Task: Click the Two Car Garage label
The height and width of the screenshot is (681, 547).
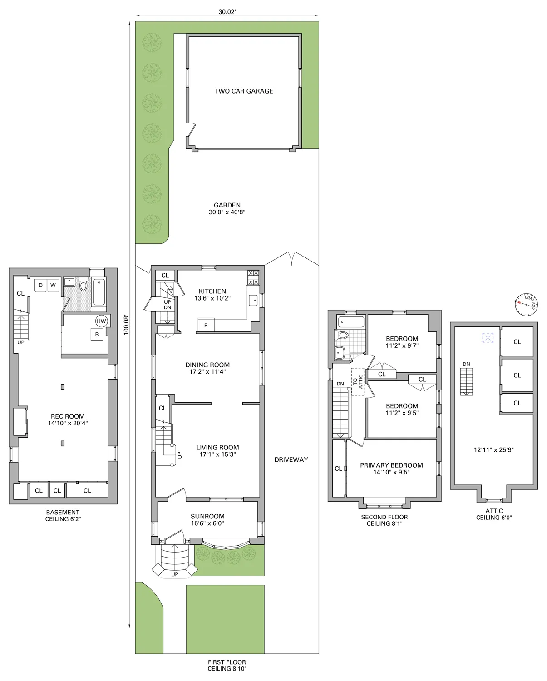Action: [x=244, y=91]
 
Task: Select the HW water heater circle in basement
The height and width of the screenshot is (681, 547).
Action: [x=101, y=321]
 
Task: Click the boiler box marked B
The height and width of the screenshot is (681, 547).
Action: [x=97, y=335]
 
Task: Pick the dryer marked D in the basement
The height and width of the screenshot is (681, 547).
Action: [x=41, y=286]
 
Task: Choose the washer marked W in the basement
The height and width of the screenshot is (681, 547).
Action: [x=53, y=286]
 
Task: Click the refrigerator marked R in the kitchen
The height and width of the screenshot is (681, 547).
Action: [x=206, y=325]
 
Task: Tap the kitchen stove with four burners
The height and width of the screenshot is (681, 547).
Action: [x=253, y=277]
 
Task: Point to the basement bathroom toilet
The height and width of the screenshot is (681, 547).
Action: [x=83, y=286]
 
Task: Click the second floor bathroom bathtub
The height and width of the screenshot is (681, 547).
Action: [x=351, y=322]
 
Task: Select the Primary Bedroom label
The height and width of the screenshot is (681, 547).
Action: [x=391, y=465]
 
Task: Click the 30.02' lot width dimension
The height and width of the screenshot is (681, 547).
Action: [x=227, y=12]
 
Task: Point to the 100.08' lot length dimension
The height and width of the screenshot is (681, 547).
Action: [x=127, y=325]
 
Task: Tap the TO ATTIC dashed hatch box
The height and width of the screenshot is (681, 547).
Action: [x=358, y=381]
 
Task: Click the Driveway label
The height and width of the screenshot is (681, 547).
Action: [x=291, y=459]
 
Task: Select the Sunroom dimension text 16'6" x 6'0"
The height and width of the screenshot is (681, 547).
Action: [x=207, y=523]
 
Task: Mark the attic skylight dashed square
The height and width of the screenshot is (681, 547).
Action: [x=488, y=338]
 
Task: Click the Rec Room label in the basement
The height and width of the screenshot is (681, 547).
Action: [x=68, y=416]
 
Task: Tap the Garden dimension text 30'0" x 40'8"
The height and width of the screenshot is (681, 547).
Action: [x=227, y=212]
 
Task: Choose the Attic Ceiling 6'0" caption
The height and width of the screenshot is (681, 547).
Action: [x=494, y=514]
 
